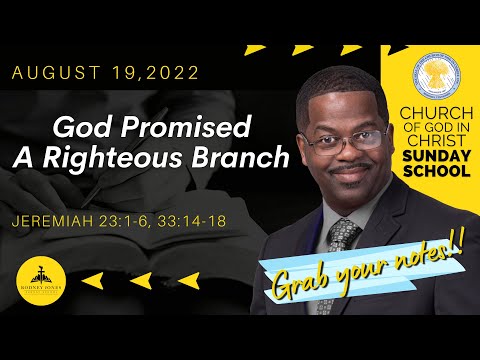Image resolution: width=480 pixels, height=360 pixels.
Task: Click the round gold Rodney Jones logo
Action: [x=37, y=281]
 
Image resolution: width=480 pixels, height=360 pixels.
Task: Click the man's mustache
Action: [x=344, y=171]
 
